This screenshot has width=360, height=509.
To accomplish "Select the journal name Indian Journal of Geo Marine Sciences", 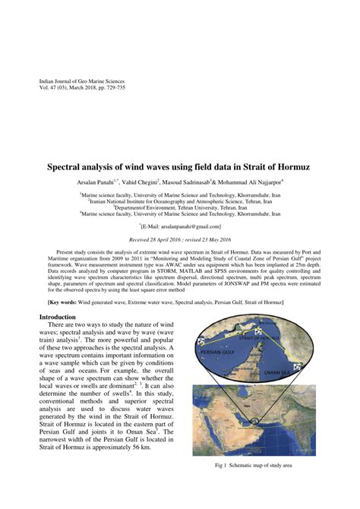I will (x=81, y=81).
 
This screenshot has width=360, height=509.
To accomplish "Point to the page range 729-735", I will (x=127, y=88).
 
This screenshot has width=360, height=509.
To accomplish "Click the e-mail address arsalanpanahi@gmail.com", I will (x=183, y=226).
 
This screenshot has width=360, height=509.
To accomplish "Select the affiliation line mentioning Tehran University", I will (x=179, y=207).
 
